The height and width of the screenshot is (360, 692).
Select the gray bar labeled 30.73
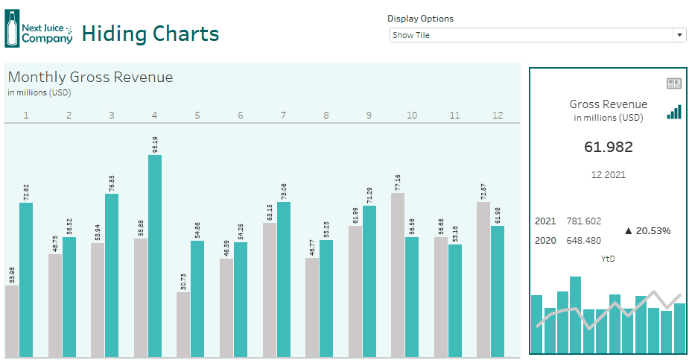coord(183,324)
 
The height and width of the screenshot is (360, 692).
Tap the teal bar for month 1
coord(26,280)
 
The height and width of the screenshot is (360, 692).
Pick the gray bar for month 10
coord(398,275)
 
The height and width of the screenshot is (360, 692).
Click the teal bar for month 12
coord(498,291)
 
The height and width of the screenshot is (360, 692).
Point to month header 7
coord(283,116)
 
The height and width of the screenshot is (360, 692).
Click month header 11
coord(454,116)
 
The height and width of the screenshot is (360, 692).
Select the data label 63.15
coord(269,212)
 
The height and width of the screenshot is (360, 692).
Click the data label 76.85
coord(112,183)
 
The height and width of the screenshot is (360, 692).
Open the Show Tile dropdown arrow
coord(679,35)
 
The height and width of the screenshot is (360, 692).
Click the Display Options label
coord(420,19)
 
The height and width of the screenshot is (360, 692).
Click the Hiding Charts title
coord(150,34)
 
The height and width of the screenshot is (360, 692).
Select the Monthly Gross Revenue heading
coord(90,77)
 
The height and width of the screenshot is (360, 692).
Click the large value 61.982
coord(608,147)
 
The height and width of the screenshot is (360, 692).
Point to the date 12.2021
coord(608,175)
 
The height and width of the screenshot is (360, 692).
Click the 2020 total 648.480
coord(584,240)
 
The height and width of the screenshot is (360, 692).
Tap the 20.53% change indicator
coord(647,230)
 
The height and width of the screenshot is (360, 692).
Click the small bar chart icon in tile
coord(673,112)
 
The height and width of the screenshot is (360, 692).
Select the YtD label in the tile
coord(608,259)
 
